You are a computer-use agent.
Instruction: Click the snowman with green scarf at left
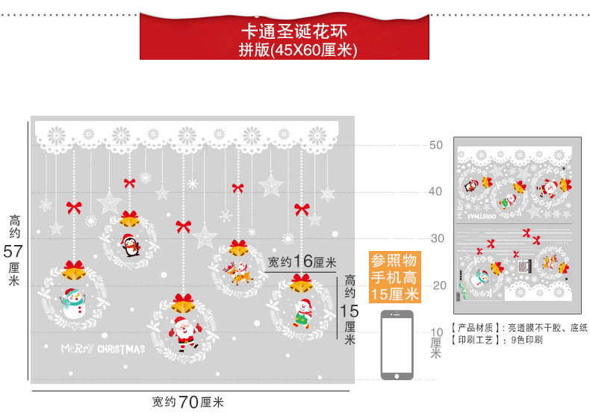72,302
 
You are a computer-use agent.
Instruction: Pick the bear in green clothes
302,312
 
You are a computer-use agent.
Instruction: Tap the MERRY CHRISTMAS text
104,349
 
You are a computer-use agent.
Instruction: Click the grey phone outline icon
397,344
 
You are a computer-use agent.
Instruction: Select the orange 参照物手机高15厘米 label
396,277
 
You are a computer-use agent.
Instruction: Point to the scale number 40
437,191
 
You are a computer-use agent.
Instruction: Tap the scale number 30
437,238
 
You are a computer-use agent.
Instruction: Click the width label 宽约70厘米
188,402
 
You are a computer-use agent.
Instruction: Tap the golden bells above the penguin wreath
129,219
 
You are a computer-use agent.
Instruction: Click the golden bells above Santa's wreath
184,303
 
